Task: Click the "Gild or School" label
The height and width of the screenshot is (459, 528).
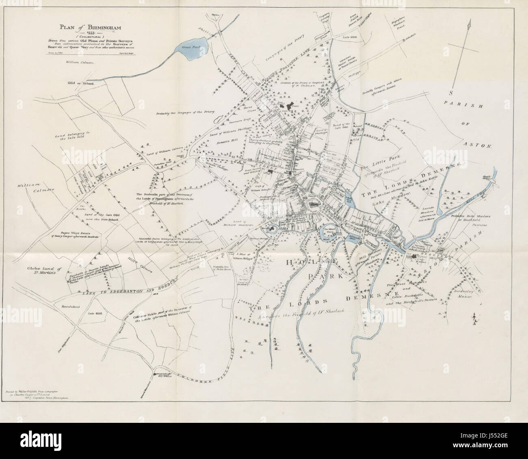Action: [x=81, y=83]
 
